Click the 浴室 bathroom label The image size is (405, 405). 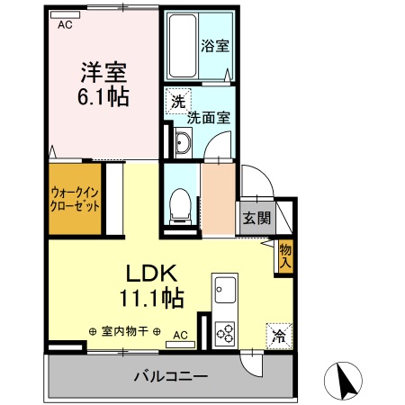point(213,45)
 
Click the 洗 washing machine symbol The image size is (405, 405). point(178,102)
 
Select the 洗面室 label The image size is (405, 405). point(209,117)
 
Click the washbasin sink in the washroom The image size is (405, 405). point(183,140)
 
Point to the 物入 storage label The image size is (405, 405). point(284,256)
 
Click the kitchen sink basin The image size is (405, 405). point(224,292)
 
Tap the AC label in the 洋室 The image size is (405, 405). point(65,25)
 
